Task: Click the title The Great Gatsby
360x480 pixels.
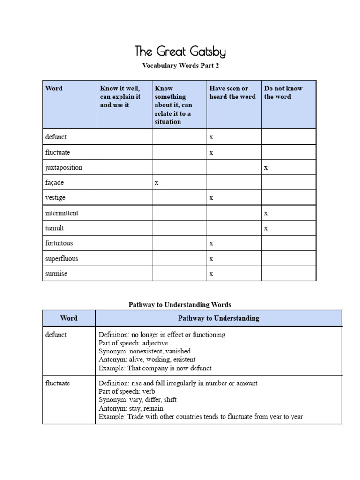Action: click(180, 51)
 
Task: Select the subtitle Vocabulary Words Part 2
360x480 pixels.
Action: click(180, 66)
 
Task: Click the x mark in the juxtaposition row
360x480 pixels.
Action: click(266, 168)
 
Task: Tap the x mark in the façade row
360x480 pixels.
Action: click(157, 183)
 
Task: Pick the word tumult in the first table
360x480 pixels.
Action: click(54, 228)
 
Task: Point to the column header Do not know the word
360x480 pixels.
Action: click(283, 92)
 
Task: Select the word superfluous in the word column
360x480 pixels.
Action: click(62, 259)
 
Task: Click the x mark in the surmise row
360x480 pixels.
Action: click(211, 274)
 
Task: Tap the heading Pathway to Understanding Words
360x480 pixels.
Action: click(180, 305)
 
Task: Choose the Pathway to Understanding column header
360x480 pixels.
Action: click(218, 318)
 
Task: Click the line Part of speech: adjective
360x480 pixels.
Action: click(133, 343)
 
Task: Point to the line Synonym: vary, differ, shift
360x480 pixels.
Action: click(138, 400)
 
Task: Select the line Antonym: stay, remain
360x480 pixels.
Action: click(131, 408)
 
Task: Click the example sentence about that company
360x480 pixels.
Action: click(155, 368)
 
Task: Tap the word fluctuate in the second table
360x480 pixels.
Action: click(58, 383)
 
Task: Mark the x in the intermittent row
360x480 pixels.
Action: click(266, 213)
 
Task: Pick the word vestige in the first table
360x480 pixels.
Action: click(56, 198)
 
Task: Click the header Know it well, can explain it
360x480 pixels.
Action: click(120, 97)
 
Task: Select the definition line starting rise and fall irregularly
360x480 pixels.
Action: click(178, 383)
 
